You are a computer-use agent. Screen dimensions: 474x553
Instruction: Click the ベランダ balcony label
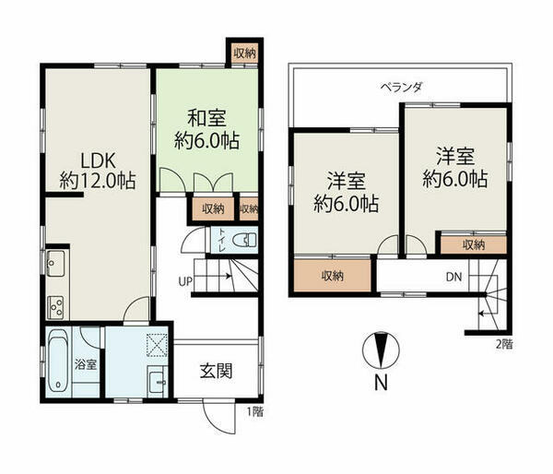point(401,87)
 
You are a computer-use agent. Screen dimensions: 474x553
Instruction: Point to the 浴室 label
point(86,364)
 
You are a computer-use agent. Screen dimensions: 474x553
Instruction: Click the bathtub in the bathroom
point(58,362)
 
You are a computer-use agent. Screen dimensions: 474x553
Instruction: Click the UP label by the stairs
point(185,281)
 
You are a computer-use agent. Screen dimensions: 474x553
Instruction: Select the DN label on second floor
point(453,277)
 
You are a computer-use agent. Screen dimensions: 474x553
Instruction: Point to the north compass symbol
point(380,349)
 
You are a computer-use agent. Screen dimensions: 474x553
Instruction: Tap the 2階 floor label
point(503,344)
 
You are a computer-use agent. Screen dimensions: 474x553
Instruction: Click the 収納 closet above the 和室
point(243,53)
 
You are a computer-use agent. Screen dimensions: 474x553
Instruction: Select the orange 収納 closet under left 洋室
point(334,276)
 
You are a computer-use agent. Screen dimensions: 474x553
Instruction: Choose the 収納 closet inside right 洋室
point(473,244)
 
